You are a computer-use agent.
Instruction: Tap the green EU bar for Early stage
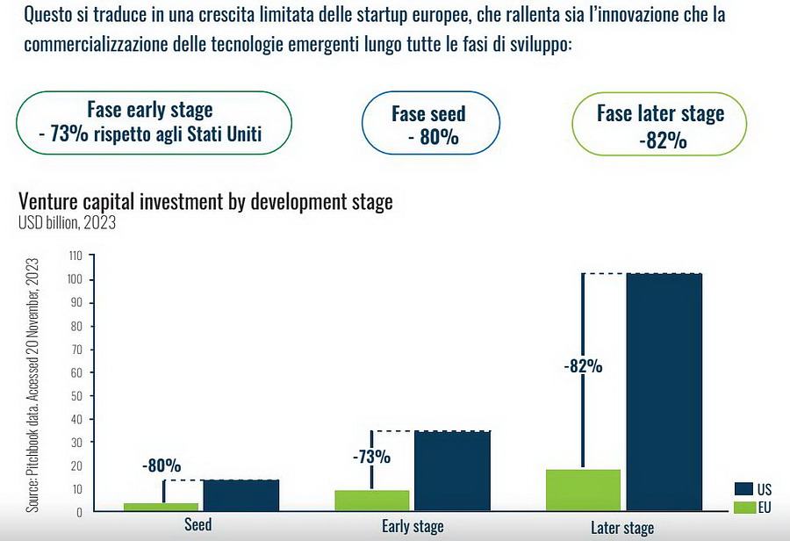tap(372, 501)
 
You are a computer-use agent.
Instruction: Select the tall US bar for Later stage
tap(664, 392)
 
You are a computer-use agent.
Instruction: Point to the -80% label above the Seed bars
tap(161, 465)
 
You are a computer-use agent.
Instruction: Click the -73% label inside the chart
tap(371, 457)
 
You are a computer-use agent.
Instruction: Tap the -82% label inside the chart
tap(583, 367)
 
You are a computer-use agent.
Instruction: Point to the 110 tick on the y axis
tap(75, 256)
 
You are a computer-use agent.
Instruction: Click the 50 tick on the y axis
tap(76, 395)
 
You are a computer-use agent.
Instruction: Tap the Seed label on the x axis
tap(197, 526)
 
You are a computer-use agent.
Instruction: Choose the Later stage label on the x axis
tap(623, 528)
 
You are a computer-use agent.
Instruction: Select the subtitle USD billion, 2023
tap(67, 222)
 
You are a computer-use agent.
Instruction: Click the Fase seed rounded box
tap(430, 125)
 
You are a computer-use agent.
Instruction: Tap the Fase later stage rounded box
tap(661, 125)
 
